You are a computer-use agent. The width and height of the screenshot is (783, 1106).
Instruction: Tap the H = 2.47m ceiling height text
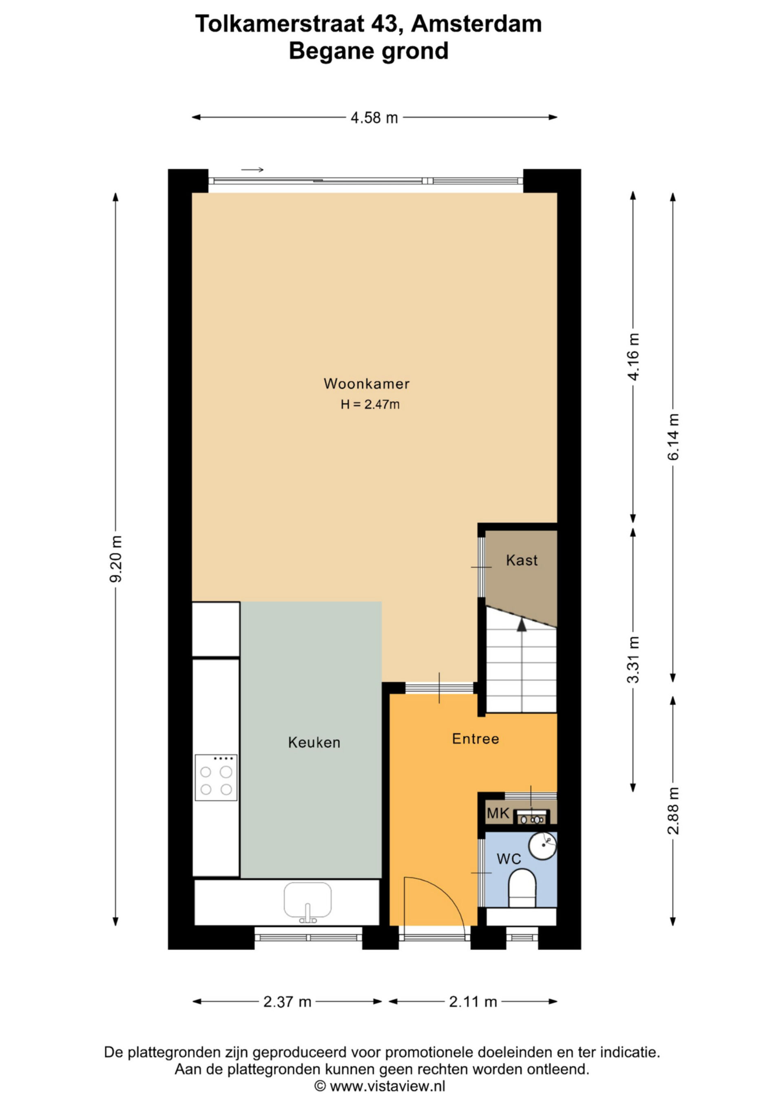pos(370,405)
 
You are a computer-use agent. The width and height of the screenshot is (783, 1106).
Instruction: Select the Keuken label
pos(314,742)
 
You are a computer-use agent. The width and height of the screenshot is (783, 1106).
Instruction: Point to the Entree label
pos(476,739)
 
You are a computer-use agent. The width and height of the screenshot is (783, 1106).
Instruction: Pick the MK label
pos(498,814)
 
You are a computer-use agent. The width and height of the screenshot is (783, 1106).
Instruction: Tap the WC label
pos(509,859)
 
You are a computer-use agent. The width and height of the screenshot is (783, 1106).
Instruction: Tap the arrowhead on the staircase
pos(521,625)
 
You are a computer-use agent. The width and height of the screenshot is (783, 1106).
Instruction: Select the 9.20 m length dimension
pos(116,559)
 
